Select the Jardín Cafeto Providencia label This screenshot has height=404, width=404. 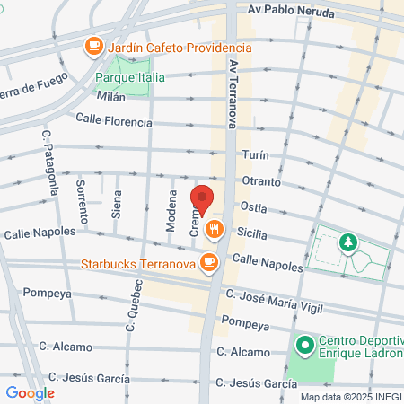[167, 46]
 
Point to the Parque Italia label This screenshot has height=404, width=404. [130, 78]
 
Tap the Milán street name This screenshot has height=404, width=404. [110, 96]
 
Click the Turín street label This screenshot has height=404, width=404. [255, 155]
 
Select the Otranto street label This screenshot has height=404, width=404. [260, 181]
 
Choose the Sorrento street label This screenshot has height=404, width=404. [82, 202]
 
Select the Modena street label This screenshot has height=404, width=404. [171, 212]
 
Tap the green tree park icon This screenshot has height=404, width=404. [347, 242]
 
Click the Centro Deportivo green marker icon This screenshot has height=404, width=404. [304, 344]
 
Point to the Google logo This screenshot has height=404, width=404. [30, 392]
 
